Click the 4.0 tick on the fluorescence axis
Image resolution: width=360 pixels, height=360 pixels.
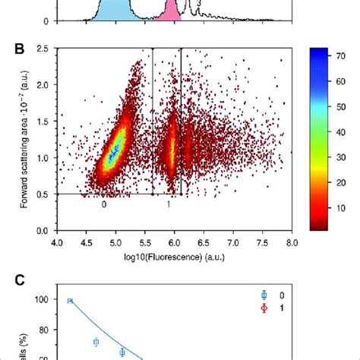point(57,242)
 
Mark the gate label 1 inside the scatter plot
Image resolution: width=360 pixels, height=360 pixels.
point(169,205)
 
